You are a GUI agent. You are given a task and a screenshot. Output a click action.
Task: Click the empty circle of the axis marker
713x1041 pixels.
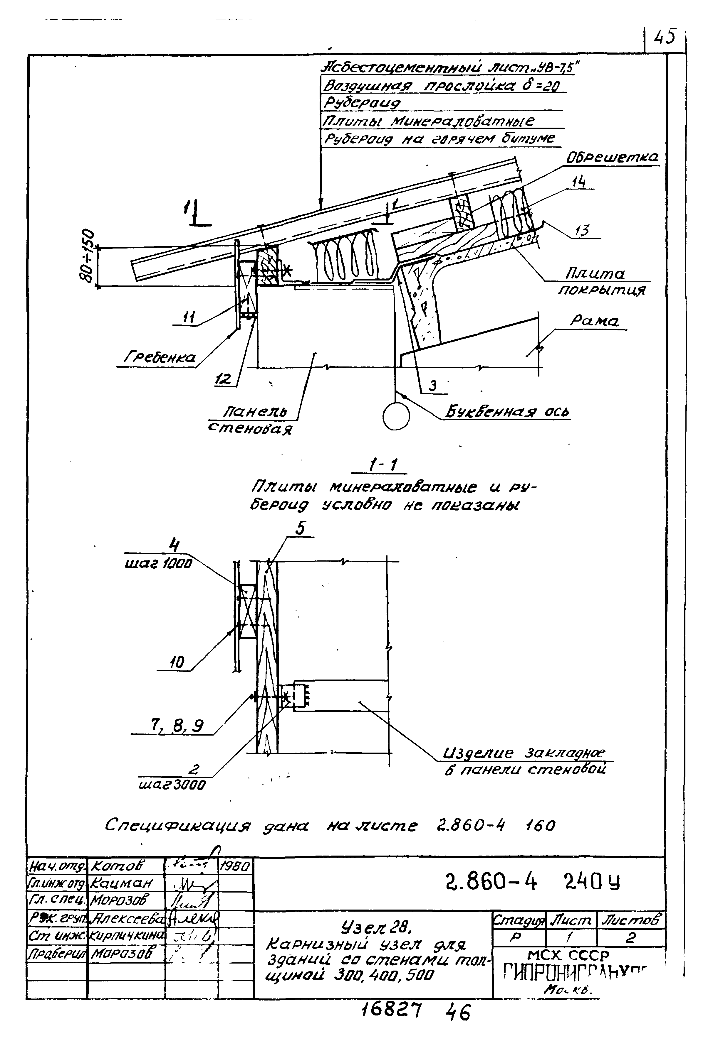(x=396, y=417)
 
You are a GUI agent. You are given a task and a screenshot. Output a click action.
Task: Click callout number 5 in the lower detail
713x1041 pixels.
(x=300, y=528)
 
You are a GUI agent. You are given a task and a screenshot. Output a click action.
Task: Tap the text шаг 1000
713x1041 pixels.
(x=157, y=564)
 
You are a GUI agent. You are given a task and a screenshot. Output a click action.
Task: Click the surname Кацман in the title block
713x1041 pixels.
(x=122, y=883)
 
